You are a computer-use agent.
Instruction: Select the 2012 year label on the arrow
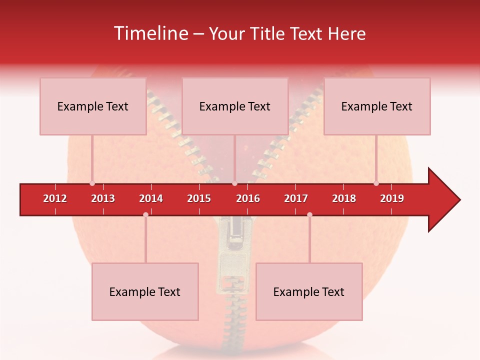point(55,198)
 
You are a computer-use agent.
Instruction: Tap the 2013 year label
point(103,198)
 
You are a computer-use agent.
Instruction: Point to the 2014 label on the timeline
point(151,198)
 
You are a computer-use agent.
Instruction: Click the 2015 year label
point(199,198)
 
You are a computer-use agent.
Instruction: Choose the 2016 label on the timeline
point(248,198)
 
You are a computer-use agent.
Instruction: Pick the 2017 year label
point(296,198)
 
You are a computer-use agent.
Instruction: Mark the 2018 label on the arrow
point(344,198)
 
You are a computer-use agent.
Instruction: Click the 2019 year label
point(392,198)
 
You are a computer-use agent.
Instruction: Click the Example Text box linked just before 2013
point(93,106)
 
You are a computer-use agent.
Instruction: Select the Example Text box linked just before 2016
point(235,106)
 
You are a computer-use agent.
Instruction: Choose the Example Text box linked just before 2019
point(377,106)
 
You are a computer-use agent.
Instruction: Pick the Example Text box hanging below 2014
point(145,291)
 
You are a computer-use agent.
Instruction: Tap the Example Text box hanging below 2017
point(309,291)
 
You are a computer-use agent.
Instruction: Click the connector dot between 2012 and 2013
point(92,183)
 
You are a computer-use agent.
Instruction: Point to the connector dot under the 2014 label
point(145,214)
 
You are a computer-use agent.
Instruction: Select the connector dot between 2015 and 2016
point(234,183)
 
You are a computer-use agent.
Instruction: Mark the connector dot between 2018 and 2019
point(376,183)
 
